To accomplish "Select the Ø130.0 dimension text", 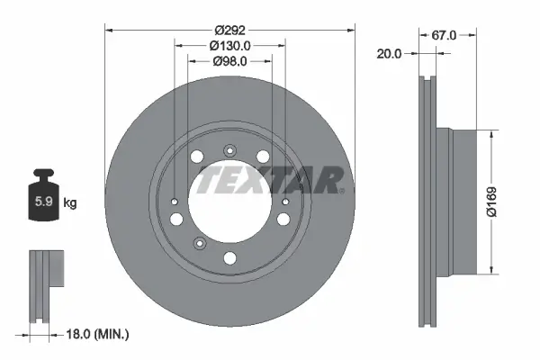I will pos(229,45).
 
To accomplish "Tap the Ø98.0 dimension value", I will pos(229,61).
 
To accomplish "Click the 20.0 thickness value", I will pos(390,53).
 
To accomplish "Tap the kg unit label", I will pos(70,202).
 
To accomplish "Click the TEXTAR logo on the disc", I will pos(270,181).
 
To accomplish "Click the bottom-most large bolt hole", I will pos(229,259).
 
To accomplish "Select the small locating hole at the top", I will pos(229,150).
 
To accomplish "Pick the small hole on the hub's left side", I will pos(175,202).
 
